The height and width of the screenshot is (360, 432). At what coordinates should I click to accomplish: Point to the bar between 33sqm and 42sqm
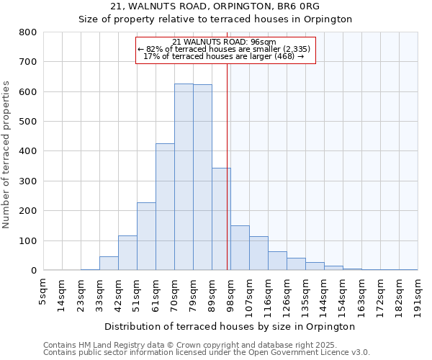[x=109, y=264]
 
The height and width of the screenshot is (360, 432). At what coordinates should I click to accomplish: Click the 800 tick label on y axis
[x=27, y=32]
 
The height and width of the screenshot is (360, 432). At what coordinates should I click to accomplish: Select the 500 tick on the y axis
[x=27, y=122]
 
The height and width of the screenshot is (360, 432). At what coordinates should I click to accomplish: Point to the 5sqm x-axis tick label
[x=43, y=291]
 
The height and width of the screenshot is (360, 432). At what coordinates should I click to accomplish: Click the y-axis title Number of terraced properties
[x=7, y=154]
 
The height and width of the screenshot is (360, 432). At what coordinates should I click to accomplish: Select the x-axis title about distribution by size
[x=230, y=326]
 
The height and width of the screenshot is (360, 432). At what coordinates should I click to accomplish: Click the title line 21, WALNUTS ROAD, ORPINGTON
[x=215, y=6]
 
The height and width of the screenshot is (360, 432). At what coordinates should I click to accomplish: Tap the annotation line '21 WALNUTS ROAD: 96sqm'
[x=225, y=42]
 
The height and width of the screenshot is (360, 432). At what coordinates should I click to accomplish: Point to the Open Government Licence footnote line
[x=207, y=353]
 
